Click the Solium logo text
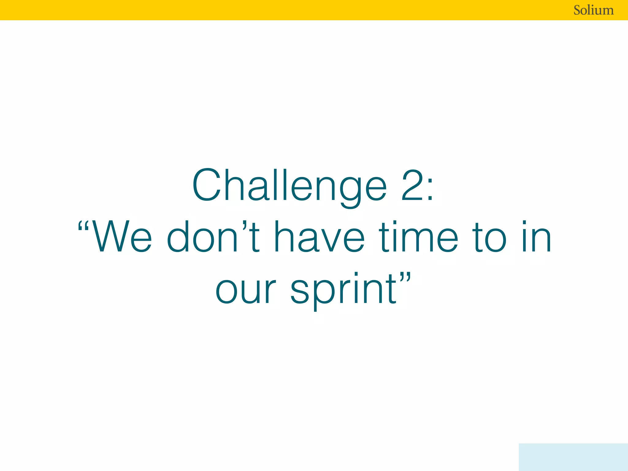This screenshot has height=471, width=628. (593, 10)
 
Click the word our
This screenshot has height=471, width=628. (245, 290)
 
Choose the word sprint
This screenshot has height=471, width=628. (343, 290)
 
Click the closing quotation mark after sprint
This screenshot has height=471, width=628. (405, 277)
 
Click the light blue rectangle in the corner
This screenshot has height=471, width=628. (573, 457)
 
